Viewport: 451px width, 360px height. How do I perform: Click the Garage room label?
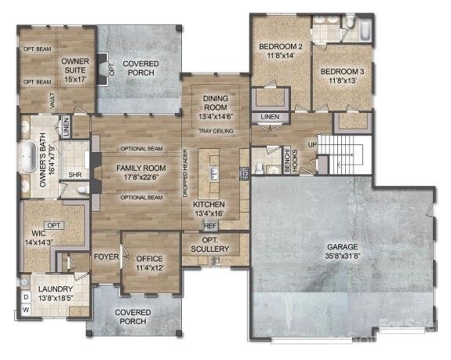coord(342,251)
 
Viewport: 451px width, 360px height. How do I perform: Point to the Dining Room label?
coord(215,104)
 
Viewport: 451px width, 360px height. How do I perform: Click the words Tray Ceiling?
coord(215,130)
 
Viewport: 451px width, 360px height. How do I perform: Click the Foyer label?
coord(106,256)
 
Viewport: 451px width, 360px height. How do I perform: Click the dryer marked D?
coord(24,298)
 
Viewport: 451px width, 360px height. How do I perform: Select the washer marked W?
coord(24,311)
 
